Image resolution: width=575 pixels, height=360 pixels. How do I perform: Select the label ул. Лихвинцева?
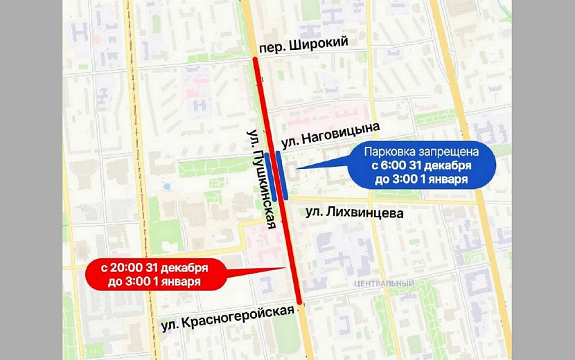click(355, 213)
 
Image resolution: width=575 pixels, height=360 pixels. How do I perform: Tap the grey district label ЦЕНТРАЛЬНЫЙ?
click(383, 284)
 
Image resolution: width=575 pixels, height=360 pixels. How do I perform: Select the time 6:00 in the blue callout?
click(391, 166)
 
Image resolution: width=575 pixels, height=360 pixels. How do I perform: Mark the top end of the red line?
click(255, 60)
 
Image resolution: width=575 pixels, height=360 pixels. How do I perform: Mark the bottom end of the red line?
click(299, 301)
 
